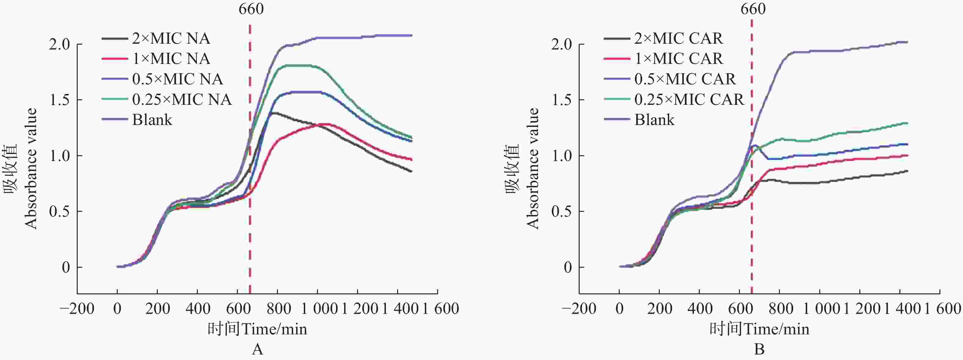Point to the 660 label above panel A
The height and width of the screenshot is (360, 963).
[x=251, y=9]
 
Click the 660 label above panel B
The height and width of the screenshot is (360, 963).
[x=753, y=9]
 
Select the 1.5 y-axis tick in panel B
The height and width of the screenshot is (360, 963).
[x=562, y=100]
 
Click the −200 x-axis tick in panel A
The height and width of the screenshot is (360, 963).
[x=77, y=309]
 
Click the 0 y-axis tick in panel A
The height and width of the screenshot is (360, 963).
[x=66, y=268]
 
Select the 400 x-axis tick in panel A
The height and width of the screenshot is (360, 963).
[x=197, y=309]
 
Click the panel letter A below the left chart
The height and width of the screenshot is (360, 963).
[x=258, y=350]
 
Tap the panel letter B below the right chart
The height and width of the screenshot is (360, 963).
[x=759, y=350]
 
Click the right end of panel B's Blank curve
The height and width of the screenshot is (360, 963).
[x=907, y=42]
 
